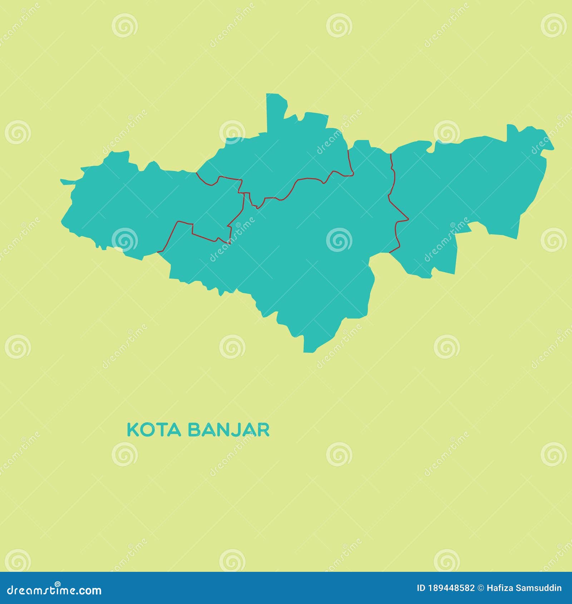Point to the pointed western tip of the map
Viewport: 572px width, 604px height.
click(x=61, y=180)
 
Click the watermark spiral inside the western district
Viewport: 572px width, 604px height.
click(x=124, y=239)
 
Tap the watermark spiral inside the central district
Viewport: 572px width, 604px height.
click(x=339, y=239)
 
